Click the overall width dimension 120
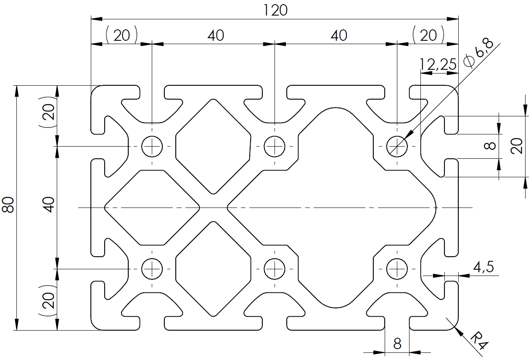click(x=275, y=11)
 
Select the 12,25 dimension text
click(x=438, y=64)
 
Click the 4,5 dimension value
click(x=483, y=267)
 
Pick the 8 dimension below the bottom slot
click(x=397, y=344)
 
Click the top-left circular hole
click(x=152, y=146)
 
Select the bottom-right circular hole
click(x=397, y=269)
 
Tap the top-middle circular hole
click(x=275, y=146)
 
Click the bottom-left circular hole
click(x=152, y=269)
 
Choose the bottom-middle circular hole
click(x=275, y=269)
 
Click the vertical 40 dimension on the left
click(x=49, y=205)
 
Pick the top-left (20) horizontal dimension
click(x=122, y=35)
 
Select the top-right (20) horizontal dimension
click(x=428, y=35)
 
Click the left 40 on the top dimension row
click(x=216, y=36)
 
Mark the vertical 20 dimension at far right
click(x=516, y=146)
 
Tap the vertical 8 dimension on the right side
click(x=490, y=146)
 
